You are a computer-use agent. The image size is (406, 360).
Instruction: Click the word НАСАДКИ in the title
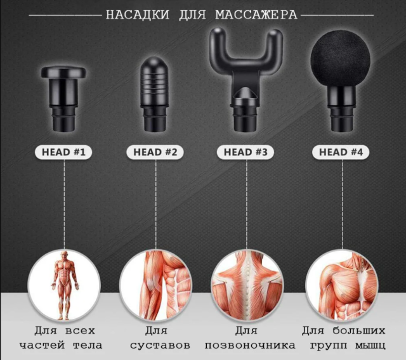pyautogui.click(x=138, y=15)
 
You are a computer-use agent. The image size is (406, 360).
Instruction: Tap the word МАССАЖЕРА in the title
pyautogui.click(x=256, y=15)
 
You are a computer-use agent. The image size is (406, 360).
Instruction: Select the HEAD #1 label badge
pyautogui.click(x=63, y=152)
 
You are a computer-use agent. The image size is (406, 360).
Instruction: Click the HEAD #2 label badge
pyautogui.click(x=155, y=152)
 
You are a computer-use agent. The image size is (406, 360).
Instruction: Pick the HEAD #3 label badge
pyautogui.click(x=246, y=152)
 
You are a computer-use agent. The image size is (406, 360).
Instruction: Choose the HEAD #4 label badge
pyautogui.click(x=341, y=152)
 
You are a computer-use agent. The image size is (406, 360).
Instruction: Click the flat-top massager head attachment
pyautogui.click(x=63, y=99)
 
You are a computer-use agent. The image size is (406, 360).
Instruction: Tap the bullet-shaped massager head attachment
pyautogui.click(x=155, y=94)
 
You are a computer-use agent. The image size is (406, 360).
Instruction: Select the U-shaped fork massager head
pyautogui.click(x=246, y=79)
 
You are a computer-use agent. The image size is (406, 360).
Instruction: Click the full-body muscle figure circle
pyautogui.click(x=64, y=285)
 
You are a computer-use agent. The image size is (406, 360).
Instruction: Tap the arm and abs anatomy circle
pyautogui.click(x=155, y=285)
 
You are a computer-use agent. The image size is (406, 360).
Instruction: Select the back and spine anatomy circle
pyautogui.click(x=247, y=285)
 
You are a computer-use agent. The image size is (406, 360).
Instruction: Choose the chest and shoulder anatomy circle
pyautogui.click(x=342, y=285)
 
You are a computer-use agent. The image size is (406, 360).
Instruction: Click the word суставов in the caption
pyautogui.click(x=160, y=345)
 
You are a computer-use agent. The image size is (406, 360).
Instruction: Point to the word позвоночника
pyautogui.click(x=250, y=345)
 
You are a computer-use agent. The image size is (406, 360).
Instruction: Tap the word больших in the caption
pyautogui.click(x=359, y=330)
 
